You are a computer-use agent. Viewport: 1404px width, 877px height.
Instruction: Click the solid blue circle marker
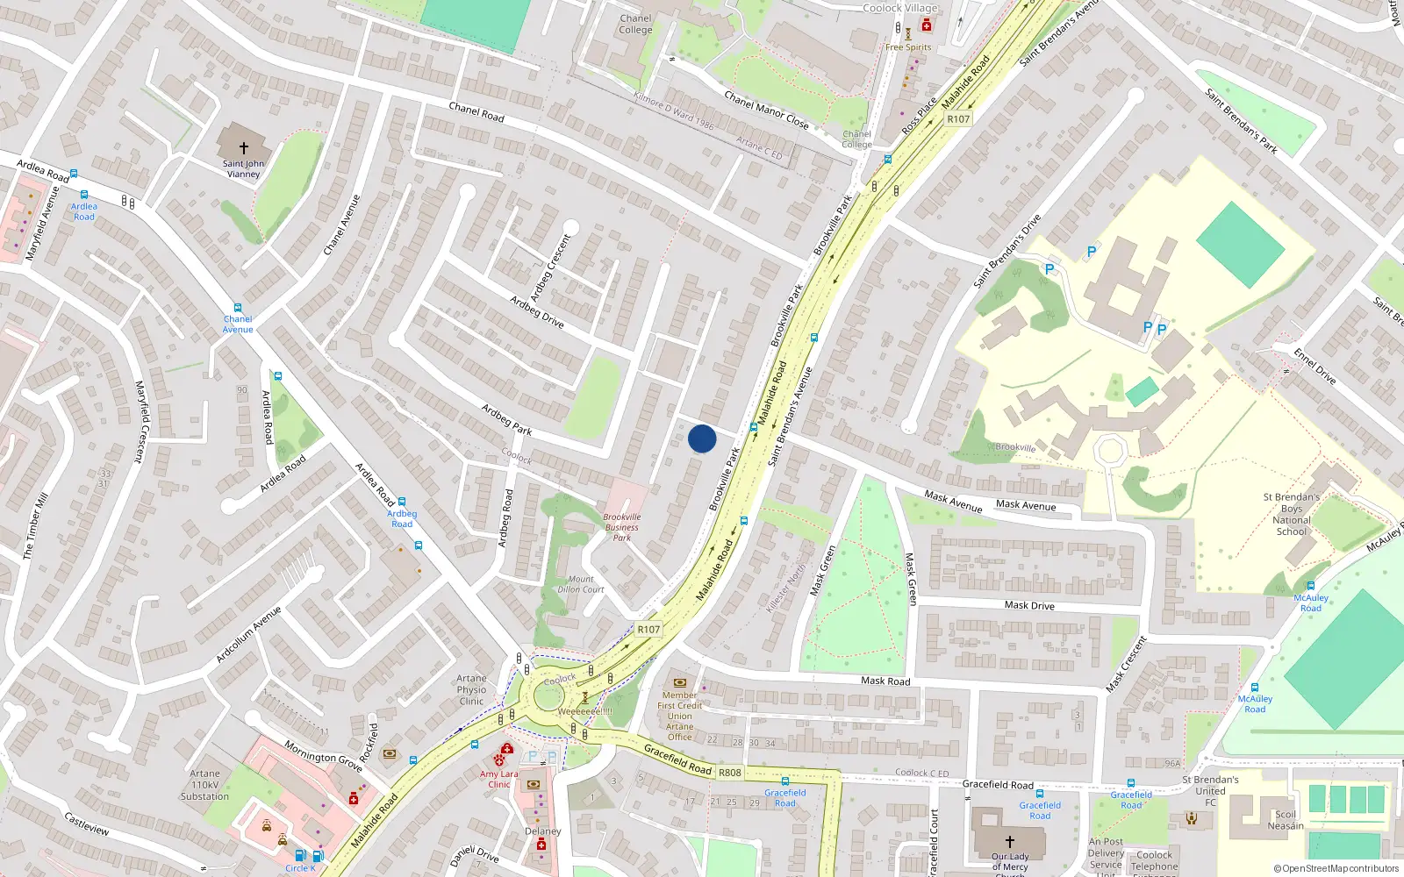(x=702, y=438)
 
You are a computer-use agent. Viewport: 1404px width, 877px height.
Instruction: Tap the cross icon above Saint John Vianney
(x=244, y=148)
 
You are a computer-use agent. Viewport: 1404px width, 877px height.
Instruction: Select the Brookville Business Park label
(x=621, y=527)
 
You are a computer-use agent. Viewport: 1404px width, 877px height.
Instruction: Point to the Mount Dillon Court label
(x=581, y=584)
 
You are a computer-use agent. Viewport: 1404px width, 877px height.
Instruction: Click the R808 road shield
(x=730, y=773)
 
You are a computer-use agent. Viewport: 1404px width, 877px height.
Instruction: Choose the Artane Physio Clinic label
(x=471, y=689)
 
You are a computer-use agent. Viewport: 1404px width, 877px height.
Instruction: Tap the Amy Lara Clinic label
(x=498, y=779)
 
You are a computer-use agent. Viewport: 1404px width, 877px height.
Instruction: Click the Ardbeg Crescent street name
(x=550, y=267)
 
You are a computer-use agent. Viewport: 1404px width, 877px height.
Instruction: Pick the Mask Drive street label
(x=1029, y=605)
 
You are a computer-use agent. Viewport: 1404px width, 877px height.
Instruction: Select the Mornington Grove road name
(x=322, y=755)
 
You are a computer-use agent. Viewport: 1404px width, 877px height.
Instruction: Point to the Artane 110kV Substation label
(x=204, y=785)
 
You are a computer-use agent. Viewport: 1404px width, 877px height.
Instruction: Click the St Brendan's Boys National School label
(x=1291, y=514)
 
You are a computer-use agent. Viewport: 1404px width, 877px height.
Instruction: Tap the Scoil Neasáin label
(x=1285, y=820)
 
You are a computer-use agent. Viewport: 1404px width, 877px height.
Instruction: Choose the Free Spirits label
(x=908, y=47)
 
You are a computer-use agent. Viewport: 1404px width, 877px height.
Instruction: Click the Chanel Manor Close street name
(x=766, y=110)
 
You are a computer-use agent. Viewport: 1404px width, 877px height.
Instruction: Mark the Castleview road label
(x=86, y=824)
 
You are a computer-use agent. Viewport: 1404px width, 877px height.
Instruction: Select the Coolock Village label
(x=899, y=8)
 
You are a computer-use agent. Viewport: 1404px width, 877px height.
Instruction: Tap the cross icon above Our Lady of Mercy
(x=1009, y=841)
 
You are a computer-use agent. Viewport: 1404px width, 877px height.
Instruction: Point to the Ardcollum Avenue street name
(x=248, y=634)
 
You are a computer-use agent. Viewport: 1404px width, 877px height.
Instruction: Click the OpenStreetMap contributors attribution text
(x=1336, y=869)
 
